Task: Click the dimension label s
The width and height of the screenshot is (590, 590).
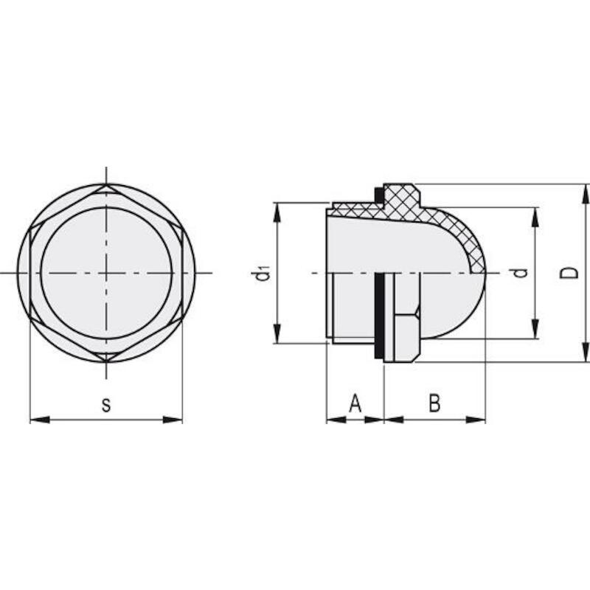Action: [x=106, y=404]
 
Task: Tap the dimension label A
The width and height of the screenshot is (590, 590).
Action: [x=355, y=403]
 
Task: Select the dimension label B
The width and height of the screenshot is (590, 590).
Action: [x=434, y=403]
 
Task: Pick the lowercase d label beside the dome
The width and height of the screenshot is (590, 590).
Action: [x=521, y=272]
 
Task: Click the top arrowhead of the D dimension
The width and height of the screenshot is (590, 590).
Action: [x=585, y=194]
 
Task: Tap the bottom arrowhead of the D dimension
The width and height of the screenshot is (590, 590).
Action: [x=585, y=353]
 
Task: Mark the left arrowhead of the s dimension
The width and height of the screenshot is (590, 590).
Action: [x=40, y=420]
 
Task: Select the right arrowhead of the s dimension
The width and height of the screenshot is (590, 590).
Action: [x=173, y=420]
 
